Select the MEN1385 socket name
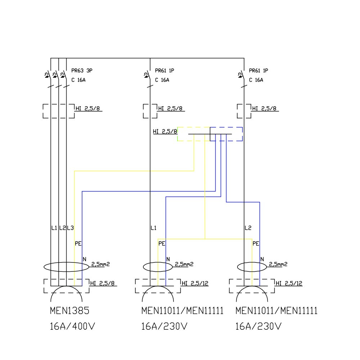click(x=70, y=311)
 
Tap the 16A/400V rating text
click(x=72, y=327)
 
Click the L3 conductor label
click(x=71, y=228)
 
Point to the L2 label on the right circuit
click(x=248, y=228)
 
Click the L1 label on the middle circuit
click(x=154, y=228)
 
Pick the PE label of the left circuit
click(x=78, y=243)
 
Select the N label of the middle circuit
click(x=168, y=259)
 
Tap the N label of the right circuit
click(x=262, y=259)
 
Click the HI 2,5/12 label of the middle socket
click(x=195, y=283)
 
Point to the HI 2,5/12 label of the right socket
click(x=289, y=283)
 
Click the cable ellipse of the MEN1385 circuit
click(x=66, y=267)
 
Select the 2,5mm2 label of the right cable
click(x=278, y=264)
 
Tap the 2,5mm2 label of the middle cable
click(x=184, y=264)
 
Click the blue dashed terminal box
click(x=226, y=134)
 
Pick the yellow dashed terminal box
click(x=194, y=134)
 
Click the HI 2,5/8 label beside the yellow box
click(x=165, y=132)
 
